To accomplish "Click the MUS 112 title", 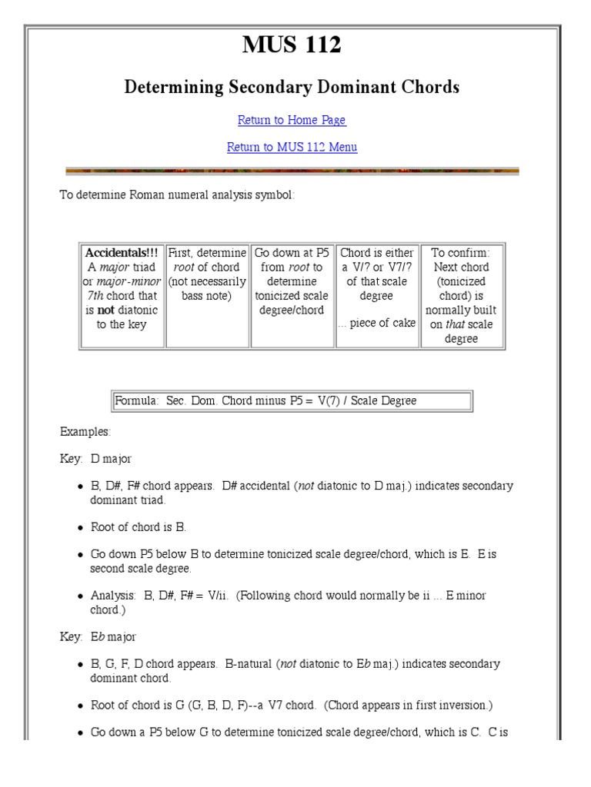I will coord(292,46).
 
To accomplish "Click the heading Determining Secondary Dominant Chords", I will coord(292,88).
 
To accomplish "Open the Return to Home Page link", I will coord(292,120).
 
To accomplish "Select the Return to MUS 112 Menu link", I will coord(292,147).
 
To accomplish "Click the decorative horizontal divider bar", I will coord(292,171).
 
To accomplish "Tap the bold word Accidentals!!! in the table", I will coord(122,253).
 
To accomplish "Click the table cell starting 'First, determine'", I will coord(207,274).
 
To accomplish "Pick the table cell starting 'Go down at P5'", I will coord(292,281).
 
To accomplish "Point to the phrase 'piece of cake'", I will coord(381,324).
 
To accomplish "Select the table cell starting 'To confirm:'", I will coord(461,295).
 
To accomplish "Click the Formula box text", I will coord(265,400).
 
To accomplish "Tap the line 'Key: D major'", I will coord(95,459).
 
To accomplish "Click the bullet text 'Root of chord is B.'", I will coord(139,527).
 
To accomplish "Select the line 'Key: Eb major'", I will coord(98,636).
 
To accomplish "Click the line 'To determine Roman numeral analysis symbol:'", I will coord(177,194).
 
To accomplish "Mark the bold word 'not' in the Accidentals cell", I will coord(105,310).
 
